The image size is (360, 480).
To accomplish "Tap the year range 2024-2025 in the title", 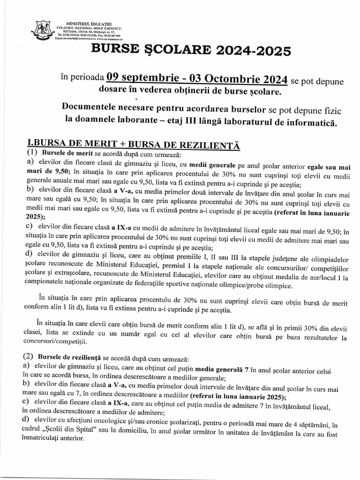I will pos(244,50).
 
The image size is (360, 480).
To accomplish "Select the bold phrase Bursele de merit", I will pos(66,154).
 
